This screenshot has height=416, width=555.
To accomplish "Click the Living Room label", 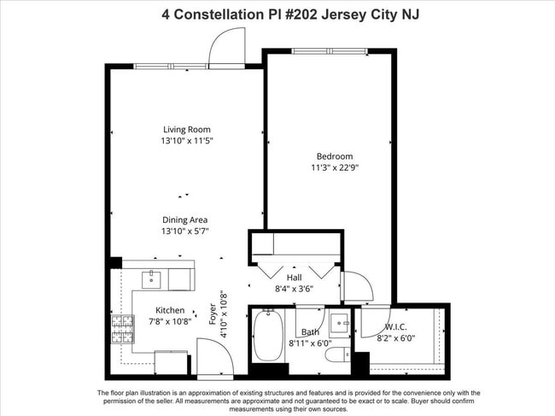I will pyautogui.click(x=186, y=130).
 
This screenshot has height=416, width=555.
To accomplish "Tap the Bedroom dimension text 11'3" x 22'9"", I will pyautogui.click(x=335, y=167).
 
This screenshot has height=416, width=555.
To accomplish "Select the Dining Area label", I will pyautogui.click(x=185, y=220).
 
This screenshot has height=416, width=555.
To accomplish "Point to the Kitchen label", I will pyautogui.click(x=169, y=310).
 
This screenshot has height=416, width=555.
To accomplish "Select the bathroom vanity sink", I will pyautogui.click(x=338, y=323).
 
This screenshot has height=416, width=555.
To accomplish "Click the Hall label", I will pyautogui.click(x=294, y=278).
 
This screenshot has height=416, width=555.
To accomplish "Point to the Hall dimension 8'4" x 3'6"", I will pyautogui.click(x=294, y=290).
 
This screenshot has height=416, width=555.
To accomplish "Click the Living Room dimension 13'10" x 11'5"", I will pyautogui.click(x=186, y=141).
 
